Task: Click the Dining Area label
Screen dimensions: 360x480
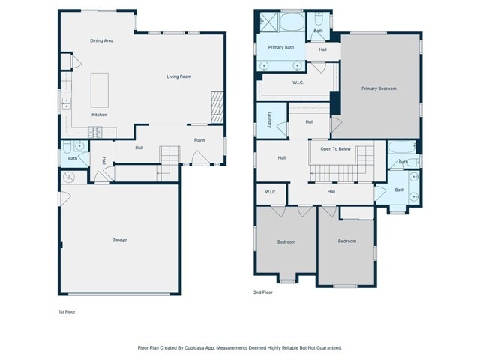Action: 101,40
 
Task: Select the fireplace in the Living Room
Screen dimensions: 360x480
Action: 217,106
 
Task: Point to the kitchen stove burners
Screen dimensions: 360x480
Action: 95,132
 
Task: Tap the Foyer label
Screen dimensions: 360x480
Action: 199,140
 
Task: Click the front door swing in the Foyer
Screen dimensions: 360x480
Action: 199,158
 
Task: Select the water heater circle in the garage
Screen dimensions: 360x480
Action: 70,178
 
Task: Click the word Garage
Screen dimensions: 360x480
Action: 119,239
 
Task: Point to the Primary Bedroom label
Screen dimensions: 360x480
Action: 379,88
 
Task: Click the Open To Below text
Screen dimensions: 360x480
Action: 335,148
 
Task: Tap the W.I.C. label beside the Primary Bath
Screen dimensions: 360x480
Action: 298,83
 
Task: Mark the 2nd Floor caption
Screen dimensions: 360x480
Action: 263,292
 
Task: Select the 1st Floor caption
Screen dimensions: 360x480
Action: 67,310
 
